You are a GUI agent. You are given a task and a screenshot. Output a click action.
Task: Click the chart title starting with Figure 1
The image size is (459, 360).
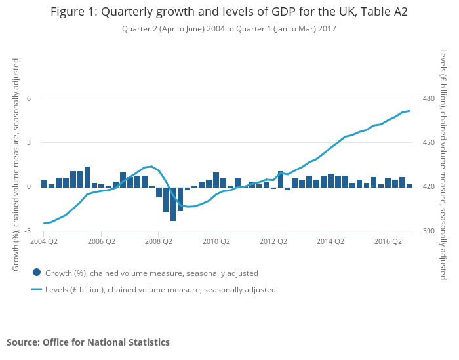tap(229, 12)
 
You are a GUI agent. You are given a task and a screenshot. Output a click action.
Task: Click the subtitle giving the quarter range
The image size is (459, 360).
tap(229, 28)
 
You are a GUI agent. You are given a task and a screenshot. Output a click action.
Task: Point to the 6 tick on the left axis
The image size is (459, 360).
tap(28, 98)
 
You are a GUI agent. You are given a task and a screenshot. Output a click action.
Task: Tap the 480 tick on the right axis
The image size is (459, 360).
tap(429, 98)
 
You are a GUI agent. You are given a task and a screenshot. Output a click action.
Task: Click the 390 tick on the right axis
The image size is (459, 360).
tap(429, 231)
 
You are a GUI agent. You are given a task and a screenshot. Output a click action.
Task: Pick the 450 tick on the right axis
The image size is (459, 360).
tap(429, 142)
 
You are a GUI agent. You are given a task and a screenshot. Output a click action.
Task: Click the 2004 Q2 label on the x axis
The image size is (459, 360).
tap(44, 241)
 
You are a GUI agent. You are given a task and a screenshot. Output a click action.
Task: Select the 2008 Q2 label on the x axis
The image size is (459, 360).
tap(159, 241)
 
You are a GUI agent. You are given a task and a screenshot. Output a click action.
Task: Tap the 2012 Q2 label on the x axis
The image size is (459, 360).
tap(273, 241)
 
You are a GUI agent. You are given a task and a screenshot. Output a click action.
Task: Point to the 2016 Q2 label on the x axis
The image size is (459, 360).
tap(388, 241)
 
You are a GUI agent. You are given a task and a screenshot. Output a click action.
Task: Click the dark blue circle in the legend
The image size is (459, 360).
tap(37, 273)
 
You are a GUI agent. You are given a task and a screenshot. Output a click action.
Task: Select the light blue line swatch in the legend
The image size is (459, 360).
tap(37, 289)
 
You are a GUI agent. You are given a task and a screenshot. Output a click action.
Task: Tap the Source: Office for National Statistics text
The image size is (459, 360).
tap(88, 342)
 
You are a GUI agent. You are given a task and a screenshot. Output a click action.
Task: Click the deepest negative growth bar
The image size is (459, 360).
tap(173, 203)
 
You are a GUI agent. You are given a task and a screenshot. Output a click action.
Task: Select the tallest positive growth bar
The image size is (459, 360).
tap(87, 176)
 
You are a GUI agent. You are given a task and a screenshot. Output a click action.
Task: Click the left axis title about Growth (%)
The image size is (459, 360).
tap(16, 164)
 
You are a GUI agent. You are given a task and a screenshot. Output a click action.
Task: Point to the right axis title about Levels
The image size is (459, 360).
tap(443, 164)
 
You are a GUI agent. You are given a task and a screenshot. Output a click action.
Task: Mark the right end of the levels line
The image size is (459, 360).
tap(410, 111)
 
